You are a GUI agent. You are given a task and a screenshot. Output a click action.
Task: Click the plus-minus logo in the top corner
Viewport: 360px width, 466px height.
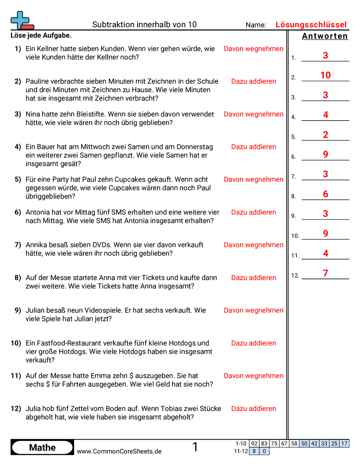(x=22, y=20)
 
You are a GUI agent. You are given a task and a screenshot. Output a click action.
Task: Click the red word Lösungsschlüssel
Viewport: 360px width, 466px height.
(x=311, y=25)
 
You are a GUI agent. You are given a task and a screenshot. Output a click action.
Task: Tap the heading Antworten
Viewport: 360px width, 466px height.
(x=325, y=36)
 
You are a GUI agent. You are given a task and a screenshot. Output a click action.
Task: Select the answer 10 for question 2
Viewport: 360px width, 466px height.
(x=326, y=75)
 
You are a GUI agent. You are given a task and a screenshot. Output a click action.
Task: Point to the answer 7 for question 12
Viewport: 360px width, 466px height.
(x=326, y=274)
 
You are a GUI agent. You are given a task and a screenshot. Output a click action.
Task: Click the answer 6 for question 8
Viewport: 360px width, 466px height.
(x=326, y=194)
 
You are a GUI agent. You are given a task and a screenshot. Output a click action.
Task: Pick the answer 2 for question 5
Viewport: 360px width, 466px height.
(x=326, y=135)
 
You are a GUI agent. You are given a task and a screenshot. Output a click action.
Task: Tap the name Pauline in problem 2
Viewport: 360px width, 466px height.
(x=38, y=81)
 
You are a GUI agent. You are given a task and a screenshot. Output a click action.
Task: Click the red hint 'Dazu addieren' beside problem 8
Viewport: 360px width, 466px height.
(x=254, y=278)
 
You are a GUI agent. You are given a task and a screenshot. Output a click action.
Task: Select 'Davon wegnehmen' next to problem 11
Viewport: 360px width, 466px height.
(x=254, y=376)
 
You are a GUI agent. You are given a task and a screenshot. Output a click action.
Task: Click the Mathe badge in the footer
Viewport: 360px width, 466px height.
(x=42, y=447)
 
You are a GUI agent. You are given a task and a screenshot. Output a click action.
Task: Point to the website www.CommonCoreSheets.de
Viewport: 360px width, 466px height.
(x=119, y=451)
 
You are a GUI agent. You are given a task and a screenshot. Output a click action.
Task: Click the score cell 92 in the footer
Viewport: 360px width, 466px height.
(x=254, y=443)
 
